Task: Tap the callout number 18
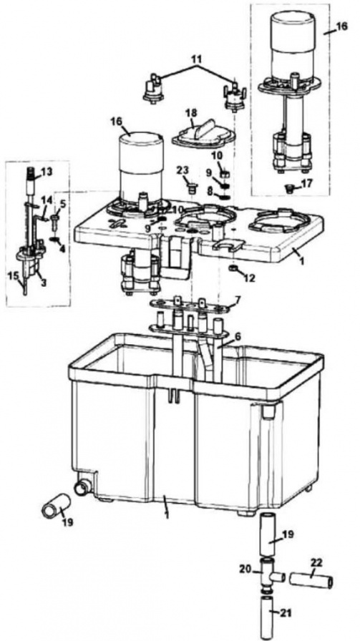point(190,113)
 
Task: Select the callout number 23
point(182,170)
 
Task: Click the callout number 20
point(244,569)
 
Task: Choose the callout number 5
point(62,203)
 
